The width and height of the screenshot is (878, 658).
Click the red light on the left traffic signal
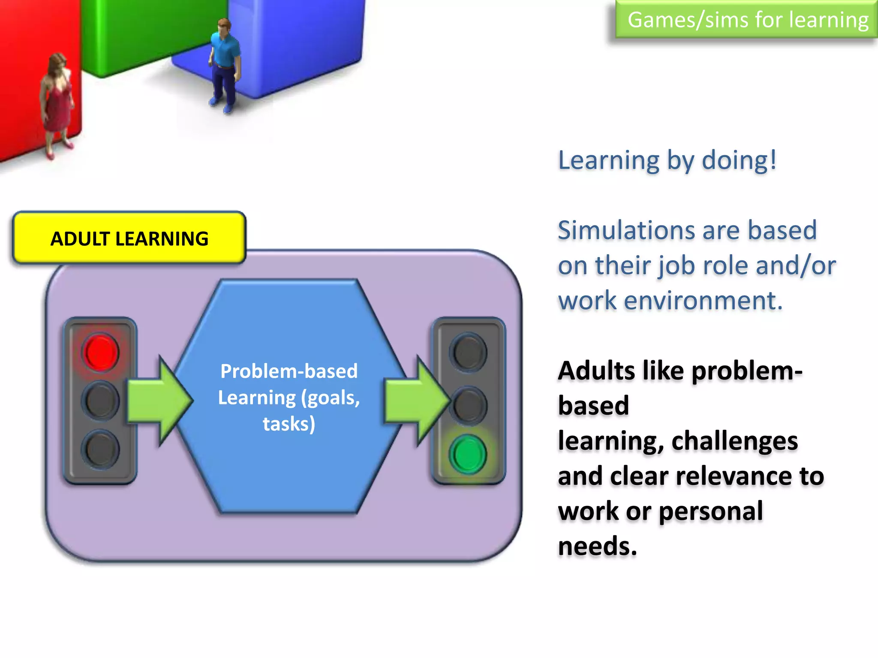coord(101,352)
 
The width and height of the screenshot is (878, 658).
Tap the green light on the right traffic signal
coord(468,454)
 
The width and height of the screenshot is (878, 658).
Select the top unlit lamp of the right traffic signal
coord(468,352)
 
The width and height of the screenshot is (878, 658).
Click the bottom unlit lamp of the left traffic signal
coord(101,449)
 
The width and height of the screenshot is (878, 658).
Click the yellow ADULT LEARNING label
coord(129,238)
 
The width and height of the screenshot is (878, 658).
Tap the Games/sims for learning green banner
coord(747,20)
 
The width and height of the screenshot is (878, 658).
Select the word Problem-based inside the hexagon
coord(289,371)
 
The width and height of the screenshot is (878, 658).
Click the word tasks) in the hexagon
coord(289,424)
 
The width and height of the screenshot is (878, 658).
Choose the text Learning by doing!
coord(667,161)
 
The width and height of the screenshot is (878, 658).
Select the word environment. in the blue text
coord(703,301)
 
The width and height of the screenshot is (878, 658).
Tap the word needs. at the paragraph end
coord(598,547)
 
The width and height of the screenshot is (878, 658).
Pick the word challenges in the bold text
coord(734,441)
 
